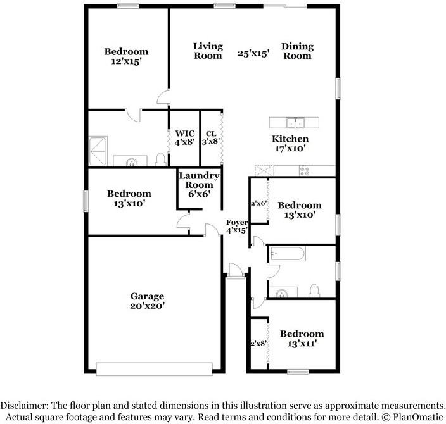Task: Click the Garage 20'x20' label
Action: pos(148,301)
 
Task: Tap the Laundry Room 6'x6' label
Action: pos(199,185)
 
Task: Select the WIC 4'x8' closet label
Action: pos(185,137)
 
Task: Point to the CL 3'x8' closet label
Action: pos(211,137)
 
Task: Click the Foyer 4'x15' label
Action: pos(237,226)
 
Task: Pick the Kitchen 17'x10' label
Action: pos(290,144)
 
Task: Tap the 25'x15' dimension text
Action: pos(253,53)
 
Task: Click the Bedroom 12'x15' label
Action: pos(126,56)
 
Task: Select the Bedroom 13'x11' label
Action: pos(302,339)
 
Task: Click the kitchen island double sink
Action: pos(295,123)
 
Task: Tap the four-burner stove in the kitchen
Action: pos(305,170)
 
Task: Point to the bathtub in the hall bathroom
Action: pos(288,254)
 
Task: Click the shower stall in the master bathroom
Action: pos(98,151)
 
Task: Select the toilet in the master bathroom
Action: pos(161,159)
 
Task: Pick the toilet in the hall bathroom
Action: pos(314,290)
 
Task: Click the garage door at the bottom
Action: pos(155,369)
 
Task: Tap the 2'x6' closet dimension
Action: pos(259,204)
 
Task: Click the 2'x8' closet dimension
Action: pos(258,343)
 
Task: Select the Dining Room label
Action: pos(298,51)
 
